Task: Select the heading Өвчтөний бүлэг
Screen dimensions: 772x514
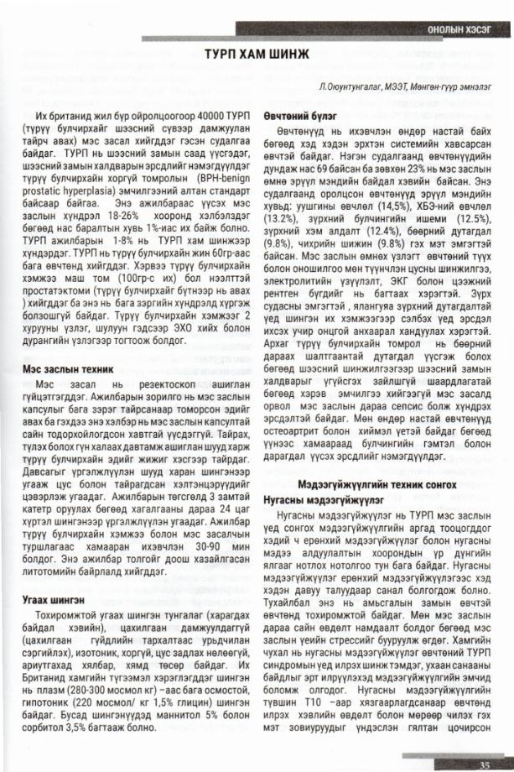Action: pyautogui.click(x=299, y=116)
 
